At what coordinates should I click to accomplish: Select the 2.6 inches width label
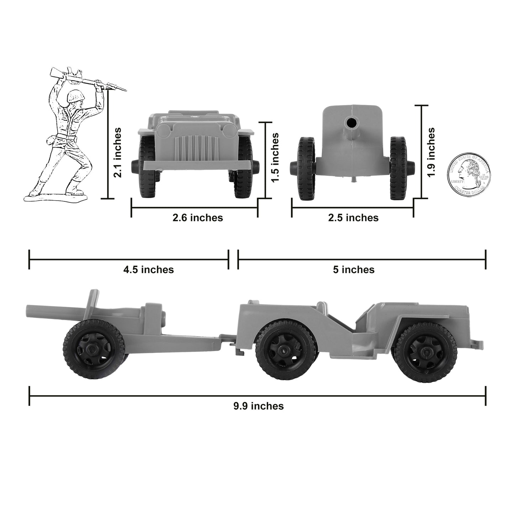click(198, 218)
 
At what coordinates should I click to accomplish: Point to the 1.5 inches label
click(275, 158)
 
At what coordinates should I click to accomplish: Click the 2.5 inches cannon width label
click(353, 218)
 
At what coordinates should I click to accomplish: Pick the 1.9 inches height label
click(431, 152)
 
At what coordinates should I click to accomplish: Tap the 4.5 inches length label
click(148, 270)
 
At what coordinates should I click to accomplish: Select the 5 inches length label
click(354, 270)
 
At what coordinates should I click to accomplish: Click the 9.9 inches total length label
click(259, 406)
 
